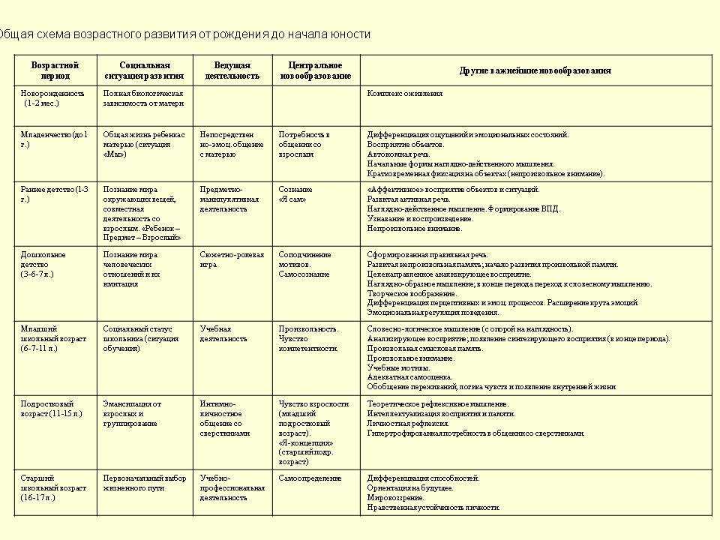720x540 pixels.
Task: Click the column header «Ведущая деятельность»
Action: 232,70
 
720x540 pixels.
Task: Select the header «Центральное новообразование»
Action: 316,70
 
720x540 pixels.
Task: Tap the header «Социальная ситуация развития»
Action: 145,70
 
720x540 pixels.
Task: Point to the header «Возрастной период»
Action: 55,70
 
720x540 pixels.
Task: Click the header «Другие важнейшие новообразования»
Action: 535,70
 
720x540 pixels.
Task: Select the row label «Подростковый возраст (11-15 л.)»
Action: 52,409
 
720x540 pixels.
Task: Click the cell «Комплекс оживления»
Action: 405,94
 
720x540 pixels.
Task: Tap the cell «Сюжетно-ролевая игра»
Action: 232,259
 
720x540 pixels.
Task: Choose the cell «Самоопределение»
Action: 310,478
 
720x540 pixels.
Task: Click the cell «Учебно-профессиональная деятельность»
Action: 232,487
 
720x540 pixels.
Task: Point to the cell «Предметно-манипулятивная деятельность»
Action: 229,199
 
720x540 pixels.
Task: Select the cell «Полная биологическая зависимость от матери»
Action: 143,98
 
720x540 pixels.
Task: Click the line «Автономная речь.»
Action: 396,154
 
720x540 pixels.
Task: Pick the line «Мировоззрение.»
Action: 395,497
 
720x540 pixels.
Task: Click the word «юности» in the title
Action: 352,34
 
